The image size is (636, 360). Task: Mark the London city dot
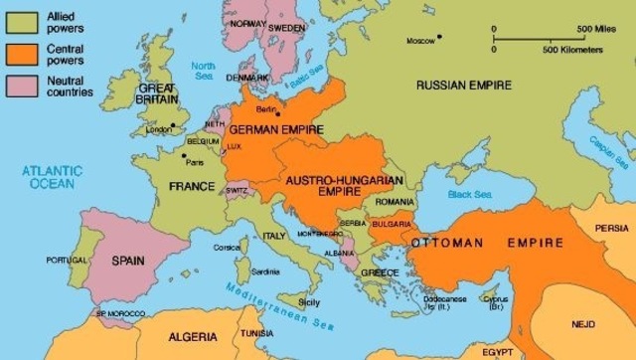[172, 125]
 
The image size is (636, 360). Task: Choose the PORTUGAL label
[68, 261]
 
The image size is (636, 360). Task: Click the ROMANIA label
[395, 202]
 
